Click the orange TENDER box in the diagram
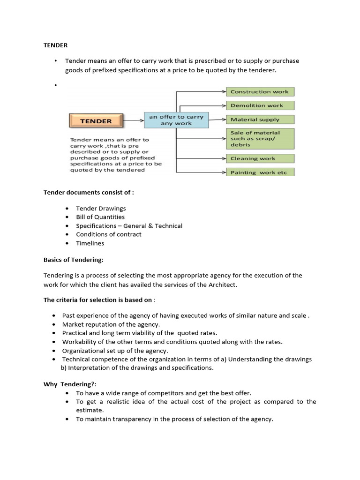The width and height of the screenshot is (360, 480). (x=96, y=121)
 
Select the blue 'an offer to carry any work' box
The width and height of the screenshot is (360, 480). (x=175, y=120)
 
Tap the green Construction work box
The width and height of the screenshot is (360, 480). (x=260, y=91)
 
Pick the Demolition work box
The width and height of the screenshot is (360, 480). (x=260, y=105)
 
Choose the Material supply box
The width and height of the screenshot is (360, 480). (x=260, y=120)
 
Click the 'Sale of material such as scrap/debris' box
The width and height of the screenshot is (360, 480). (x=260, y=139)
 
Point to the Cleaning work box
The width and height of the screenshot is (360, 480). (x=260, y=158)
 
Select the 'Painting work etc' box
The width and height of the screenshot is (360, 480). (x=260, y=172)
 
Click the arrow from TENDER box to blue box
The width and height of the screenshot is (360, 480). (x=133, y=121)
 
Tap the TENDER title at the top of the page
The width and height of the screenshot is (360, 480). (x=55, y=45)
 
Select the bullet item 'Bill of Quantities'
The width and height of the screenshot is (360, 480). (x=100, y=217)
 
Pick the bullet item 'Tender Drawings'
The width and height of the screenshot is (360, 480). (x=101, y=208)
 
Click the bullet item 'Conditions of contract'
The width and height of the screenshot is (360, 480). (x=108, y=234)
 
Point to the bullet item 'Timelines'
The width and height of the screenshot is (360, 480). (x=90, y=243)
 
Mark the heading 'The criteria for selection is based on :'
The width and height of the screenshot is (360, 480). (x=99, y=300)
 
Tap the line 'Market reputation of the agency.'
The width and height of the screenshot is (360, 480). (x=111, y=324)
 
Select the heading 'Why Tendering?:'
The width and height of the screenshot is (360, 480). (x=67, y=384)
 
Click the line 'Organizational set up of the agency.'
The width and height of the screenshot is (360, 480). (x=115, y=351)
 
